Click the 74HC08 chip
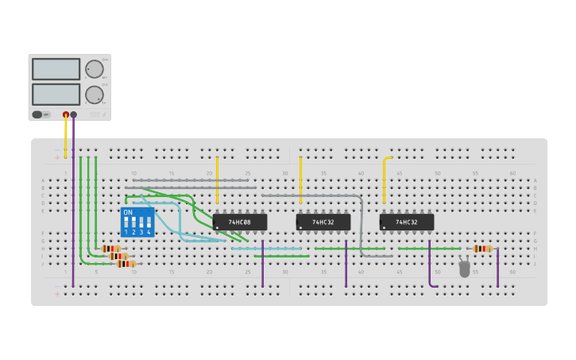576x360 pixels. coord(240,223)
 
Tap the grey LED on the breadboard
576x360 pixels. coord(465,269)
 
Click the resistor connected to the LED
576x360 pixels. coord(482,249)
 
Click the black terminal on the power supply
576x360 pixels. coord(74,114)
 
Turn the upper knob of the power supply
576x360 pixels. coord(94,69)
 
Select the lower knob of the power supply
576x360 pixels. coord(94,95)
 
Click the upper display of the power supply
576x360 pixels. coord(56,69)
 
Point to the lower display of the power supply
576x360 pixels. coord(56,95)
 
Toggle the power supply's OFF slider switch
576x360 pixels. coord(37,114)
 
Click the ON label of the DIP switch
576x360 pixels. coord(128,212)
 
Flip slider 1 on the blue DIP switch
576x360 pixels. coord(126,222)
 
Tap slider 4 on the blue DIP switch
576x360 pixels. coord(149,222)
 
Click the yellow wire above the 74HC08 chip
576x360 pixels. coord(217,179)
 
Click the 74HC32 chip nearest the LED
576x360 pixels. coord(407,223)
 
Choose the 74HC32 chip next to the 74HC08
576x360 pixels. coord(323,223)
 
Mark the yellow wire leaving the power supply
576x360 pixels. coord(66,135)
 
